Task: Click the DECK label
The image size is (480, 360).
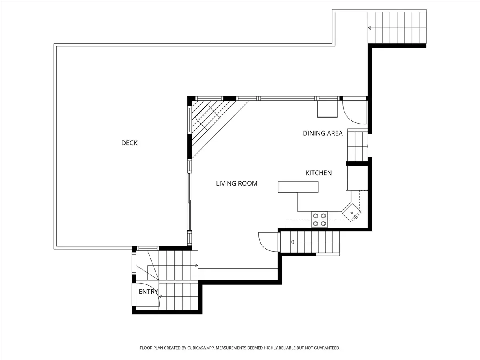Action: [130, 143]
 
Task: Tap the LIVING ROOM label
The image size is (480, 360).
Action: [237, 183]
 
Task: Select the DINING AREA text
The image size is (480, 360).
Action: [322, 133]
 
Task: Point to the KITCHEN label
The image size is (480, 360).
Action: [319, 173]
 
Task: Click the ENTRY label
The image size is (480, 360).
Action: [148, 291]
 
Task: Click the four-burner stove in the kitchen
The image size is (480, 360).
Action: [319, 220]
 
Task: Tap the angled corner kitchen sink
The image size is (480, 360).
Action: [352, 213]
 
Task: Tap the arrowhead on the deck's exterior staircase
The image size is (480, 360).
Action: [369, 28]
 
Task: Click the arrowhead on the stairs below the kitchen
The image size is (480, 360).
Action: [292, 242]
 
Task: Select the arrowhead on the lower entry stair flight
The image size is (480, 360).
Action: [160, 297]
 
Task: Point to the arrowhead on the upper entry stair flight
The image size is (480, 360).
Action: [196, 266]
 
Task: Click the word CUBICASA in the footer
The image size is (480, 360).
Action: [196, 348]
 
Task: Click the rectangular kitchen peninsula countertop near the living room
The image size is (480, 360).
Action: [298, 187]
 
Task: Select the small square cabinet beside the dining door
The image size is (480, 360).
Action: [327, 109]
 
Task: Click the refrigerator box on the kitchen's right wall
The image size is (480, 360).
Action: [357, 178]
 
